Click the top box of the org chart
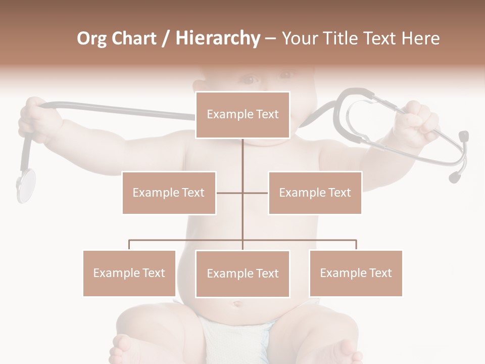click(x=243, y=115)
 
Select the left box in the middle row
click(x=169, y=193)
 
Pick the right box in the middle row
click(x=315, y=193)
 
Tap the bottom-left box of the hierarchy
click(x=129, y=273)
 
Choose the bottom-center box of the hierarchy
click(x=243, y=274)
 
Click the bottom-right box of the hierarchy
click(x=356, y=273)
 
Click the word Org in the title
click(x=92, y=38)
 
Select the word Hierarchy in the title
click(x=218, y=38)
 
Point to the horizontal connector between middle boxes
click(x=243, y=193)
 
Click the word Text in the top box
click(x=267, y=114)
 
